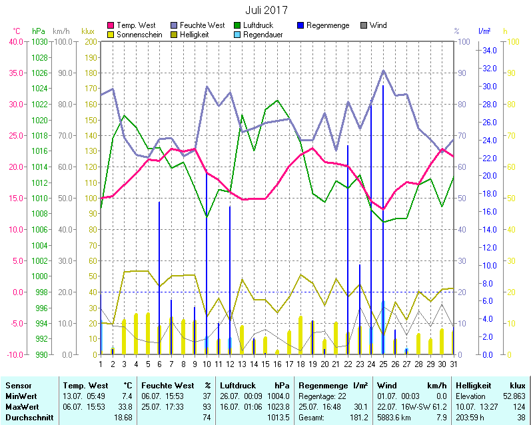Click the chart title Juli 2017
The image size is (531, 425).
pyautogui.click(x=266, y=10)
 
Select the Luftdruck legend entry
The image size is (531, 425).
pyautogui.click(x=261, y=25)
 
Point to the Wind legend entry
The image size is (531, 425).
pyautogui.click(x=378, y=25)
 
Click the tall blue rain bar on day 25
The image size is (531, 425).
pyautogui.click(x=383, y=220)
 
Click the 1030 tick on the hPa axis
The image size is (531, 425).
pyautogui.click(x=39, y=41)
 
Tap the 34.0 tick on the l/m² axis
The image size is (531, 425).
pyautogui.click(x=490, y=51)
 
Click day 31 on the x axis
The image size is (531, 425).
pyautogui.click(x=453, y=363)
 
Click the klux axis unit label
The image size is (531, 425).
pyautogui.click(x=87, y=31)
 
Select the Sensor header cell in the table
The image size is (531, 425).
pyautogui.click(x=18, y=385)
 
